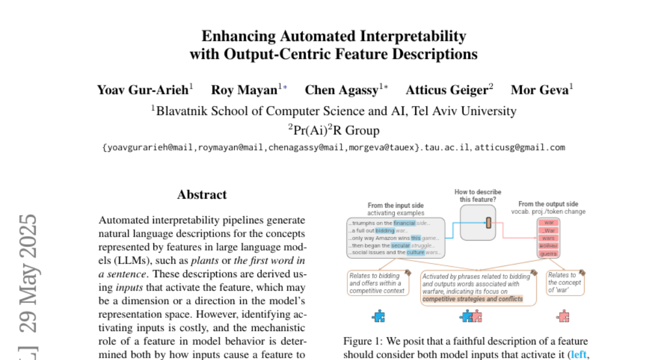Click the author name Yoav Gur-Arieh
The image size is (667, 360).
[143, 90]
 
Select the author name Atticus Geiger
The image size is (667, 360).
[447, 90]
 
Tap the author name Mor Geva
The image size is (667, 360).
[540, 90]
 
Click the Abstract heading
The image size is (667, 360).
[202, 195]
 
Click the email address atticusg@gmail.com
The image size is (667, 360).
[520, 147]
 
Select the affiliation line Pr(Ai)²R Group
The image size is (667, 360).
[333, 131]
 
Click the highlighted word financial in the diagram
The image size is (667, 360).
[404, 223]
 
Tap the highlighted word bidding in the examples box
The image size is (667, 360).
[385, 231]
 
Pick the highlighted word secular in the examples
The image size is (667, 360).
[401, 245]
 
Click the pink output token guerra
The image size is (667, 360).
[548, 253]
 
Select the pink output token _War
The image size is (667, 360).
[548, 231]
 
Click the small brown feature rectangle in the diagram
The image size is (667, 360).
[489, 223]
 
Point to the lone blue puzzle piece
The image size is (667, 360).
[379, 317]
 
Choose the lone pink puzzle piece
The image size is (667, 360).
[563, 317]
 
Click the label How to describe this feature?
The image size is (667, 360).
[478, 196]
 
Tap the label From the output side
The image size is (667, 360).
[548, 204]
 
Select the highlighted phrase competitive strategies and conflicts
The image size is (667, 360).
[472, 299]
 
